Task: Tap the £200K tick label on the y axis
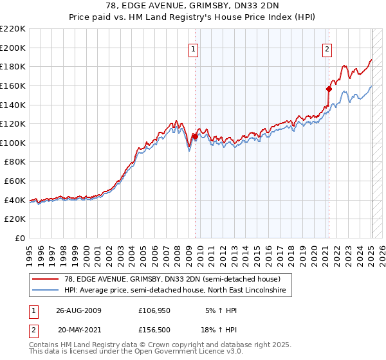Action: click(x=13, y=48)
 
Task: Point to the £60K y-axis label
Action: click(x=15, y=181)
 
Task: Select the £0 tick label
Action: click(x=21, y=239)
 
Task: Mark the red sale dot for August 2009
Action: click(x=194, y=136)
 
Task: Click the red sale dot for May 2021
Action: click(x=328, y=89)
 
